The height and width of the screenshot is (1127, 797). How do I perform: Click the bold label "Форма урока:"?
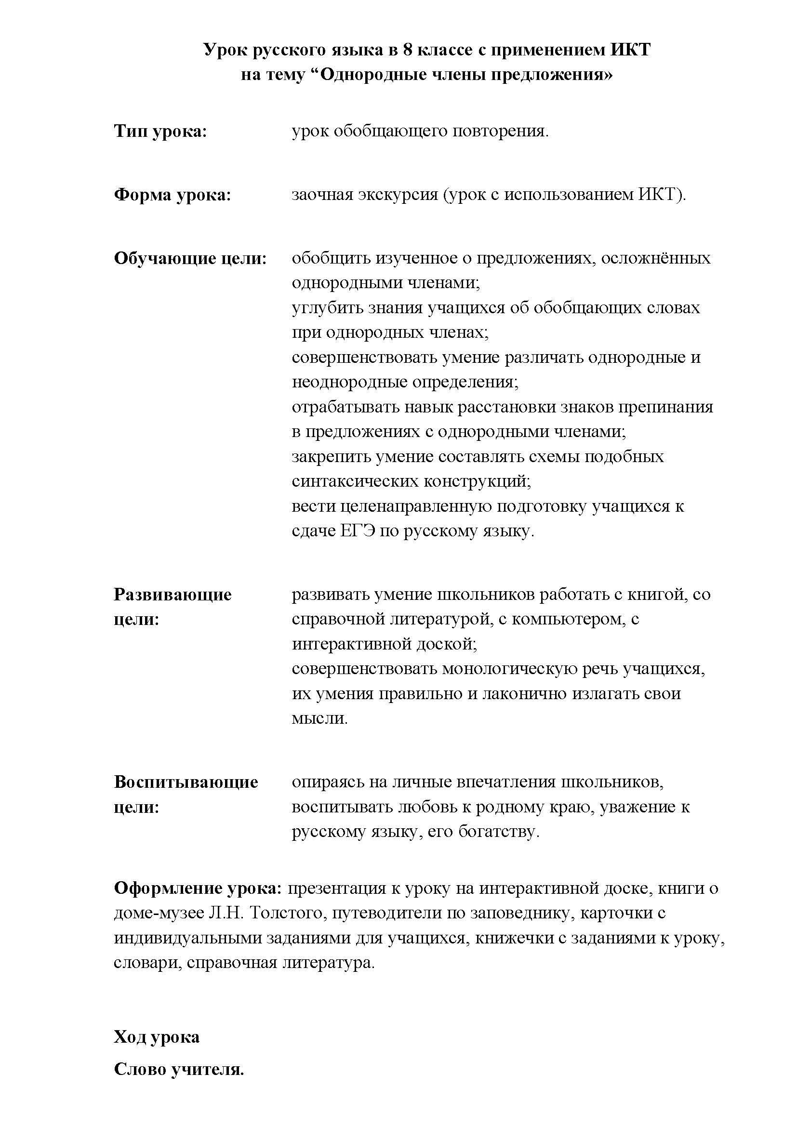pyautogui.click(x=172, y=195)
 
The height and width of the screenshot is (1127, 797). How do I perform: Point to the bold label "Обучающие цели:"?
pyautogui.click(x=190, y=258)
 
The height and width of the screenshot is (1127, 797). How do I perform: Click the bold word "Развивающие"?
pyautogui.click(x=173, y=595)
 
